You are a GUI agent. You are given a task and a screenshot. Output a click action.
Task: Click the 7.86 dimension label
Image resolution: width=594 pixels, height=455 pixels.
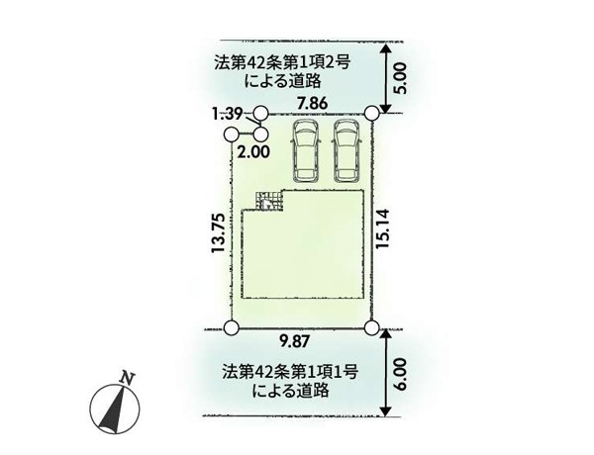pos(312,103)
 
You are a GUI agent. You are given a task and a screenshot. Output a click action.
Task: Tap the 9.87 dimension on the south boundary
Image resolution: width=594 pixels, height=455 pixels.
pos(295,342)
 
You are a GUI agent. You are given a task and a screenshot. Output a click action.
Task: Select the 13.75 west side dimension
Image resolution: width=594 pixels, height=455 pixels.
pos(219,233)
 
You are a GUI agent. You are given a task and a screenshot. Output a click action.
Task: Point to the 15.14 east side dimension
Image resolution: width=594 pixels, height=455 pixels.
pos(382,228)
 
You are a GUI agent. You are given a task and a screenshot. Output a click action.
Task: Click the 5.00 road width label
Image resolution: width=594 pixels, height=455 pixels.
pos(402,78)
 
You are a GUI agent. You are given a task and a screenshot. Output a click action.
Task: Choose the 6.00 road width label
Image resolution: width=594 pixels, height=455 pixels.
pos(402,374)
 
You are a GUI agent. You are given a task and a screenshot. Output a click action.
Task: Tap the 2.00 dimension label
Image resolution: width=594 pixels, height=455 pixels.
pos(253,151)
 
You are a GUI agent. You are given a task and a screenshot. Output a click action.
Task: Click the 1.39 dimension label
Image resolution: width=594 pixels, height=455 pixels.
pos(228,114)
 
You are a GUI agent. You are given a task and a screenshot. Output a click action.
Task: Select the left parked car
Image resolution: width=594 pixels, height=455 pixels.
pos(305,150)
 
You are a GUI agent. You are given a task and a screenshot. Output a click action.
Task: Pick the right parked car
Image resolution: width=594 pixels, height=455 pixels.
pos(346,150)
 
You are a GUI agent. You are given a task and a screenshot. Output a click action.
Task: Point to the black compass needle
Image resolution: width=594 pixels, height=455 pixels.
pos(111,409)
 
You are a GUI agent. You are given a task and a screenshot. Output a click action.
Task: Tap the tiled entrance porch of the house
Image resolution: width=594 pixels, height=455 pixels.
pos(269,200)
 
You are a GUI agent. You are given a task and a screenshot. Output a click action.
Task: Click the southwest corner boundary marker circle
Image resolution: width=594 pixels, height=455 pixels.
pos(231,328)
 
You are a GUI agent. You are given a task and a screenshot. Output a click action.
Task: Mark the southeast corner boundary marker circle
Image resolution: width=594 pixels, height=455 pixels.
pos(372,327)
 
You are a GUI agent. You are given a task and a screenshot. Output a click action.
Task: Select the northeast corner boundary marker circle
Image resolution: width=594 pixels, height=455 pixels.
pos(372,113)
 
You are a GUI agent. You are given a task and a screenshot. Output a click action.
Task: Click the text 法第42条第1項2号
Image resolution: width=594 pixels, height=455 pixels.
pos(282,63)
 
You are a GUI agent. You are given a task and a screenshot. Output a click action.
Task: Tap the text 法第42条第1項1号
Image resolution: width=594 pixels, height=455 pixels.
pos(290,373)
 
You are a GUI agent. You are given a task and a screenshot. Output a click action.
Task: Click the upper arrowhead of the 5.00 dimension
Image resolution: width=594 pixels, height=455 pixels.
pos(386,49)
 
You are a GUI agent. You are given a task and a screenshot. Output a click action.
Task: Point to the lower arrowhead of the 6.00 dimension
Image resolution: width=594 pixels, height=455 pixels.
pos(386,410)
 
